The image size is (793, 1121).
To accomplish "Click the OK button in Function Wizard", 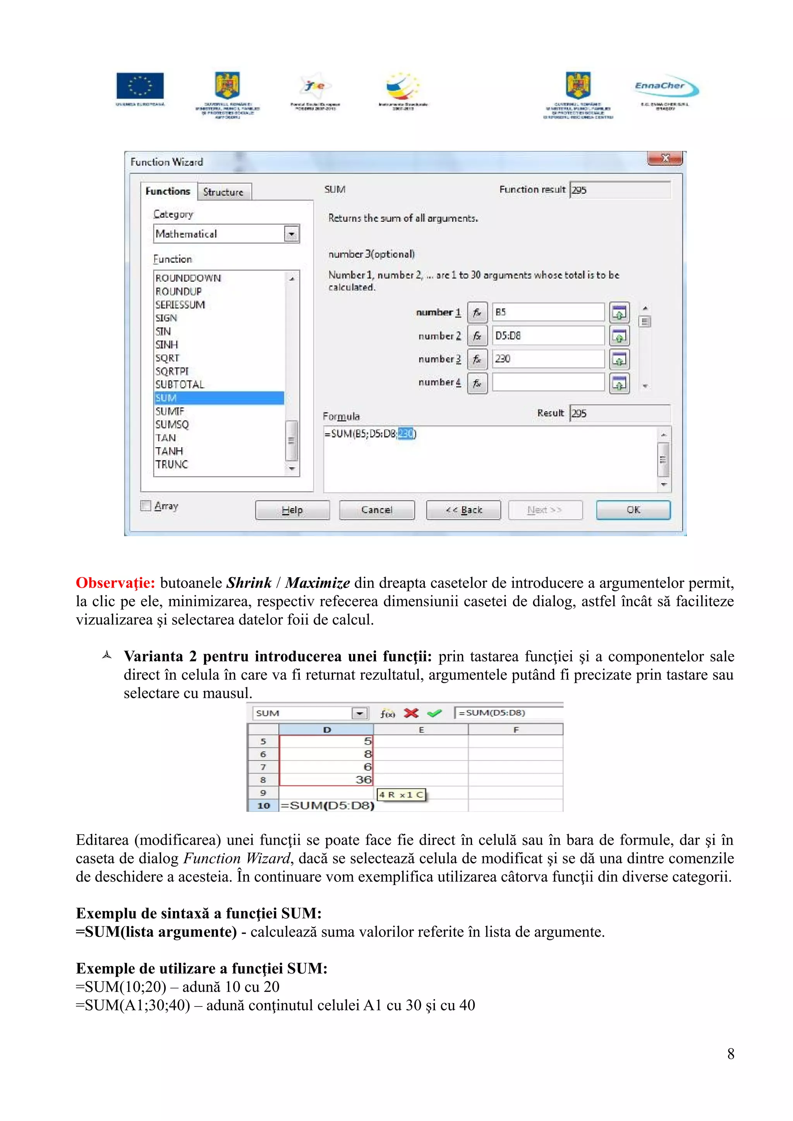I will pyautogui.click(x=633, y=510).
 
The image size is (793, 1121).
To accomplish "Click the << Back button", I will pyautogui.click(x=463, y=510).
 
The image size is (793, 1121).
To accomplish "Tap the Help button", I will pyautogui.click(x=292, y=510).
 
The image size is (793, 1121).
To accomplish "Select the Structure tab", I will pyautogui.click(x=223, y=192).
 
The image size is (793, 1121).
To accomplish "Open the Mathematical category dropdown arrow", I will pyautogui.click(x=291, y=234).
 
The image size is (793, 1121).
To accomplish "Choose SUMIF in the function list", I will pyautogui.click(x=170, y=411).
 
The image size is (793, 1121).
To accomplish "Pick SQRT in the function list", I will pyautogui.click(x=167, y=358).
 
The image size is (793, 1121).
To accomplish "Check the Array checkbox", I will pyautogui.click(x=146, y=505).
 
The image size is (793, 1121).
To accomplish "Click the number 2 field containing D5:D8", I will pyautogui.click(x=548, y=335).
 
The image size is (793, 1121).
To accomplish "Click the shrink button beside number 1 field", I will pyautogui.click(x=619, y=313).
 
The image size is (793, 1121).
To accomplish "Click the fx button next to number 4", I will pyautogui.click(x=477, y=383).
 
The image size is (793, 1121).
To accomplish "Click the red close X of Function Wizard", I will pyautogui.click(x=664, y=158).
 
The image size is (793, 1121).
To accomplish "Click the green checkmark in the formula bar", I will pyautogui.click(x=434, y=713).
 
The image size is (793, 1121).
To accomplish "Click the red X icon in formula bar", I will pyautogui.click(x=411, y=713).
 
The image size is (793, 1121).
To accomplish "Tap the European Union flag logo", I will pyautogui.click(x=140, y=86).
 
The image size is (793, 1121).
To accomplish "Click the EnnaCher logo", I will pyautogui.click(x=666, y=87).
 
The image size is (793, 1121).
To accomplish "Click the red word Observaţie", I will pyautogui.click(x=115, y=583).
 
